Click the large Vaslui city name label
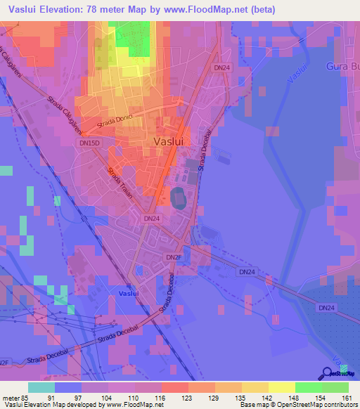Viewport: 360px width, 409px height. (x=168, y=141)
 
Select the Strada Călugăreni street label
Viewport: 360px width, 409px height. (x=73, y=113)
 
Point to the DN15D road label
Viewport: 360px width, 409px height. (x=88, y=142)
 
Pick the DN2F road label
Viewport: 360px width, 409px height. (x=173, y=257)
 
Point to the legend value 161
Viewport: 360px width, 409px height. (x=345, y=397)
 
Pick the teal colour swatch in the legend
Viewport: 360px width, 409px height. (x=41, y=387)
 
